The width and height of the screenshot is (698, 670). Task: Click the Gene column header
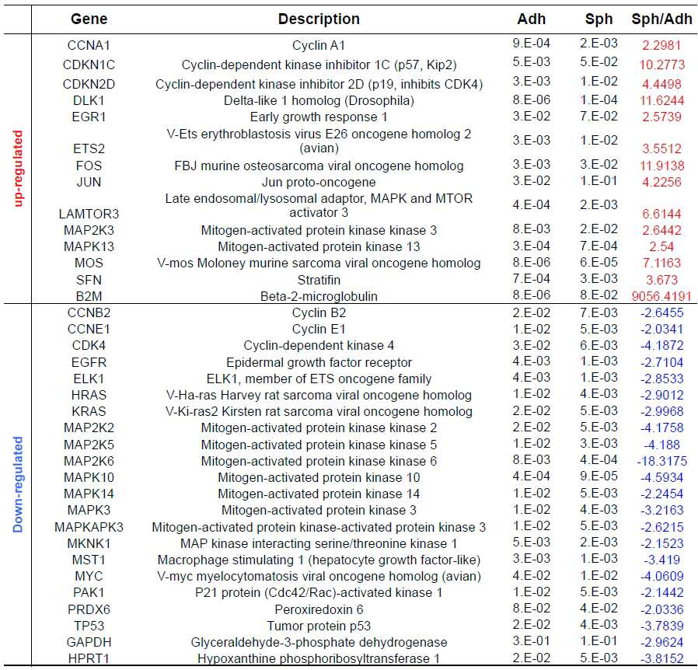(89, 19)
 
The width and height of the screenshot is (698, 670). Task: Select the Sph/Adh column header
(661, 19)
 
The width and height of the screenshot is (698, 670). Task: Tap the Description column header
(319, 19)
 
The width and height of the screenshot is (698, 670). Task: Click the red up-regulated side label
(18, 169)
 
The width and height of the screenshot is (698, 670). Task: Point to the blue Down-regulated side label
(18, 484)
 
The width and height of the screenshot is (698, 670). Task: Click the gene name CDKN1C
(89, 65)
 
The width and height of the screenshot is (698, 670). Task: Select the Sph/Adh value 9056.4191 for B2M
(661, 296)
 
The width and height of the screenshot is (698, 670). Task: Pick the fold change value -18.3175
(661, 461)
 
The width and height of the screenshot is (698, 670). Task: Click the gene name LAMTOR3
(89, 214)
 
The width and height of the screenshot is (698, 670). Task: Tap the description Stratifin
(319, 280)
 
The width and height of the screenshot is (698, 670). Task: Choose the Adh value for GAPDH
(531, 641)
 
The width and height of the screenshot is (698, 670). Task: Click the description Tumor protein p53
(319, 626)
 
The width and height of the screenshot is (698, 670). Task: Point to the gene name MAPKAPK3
(89, 527)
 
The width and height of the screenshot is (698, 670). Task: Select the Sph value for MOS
(599, 262)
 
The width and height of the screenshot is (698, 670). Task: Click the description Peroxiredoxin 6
(319, 609)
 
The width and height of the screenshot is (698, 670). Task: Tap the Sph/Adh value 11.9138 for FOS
(661, 166)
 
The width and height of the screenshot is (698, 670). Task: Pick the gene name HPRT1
(89, 658)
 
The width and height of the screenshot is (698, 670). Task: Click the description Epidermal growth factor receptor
(319, 362)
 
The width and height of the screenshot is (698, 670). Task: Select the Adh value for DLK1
(531, 99)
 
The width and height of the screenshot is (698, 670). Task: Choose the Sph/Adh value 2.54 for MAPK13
(661, 246)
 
